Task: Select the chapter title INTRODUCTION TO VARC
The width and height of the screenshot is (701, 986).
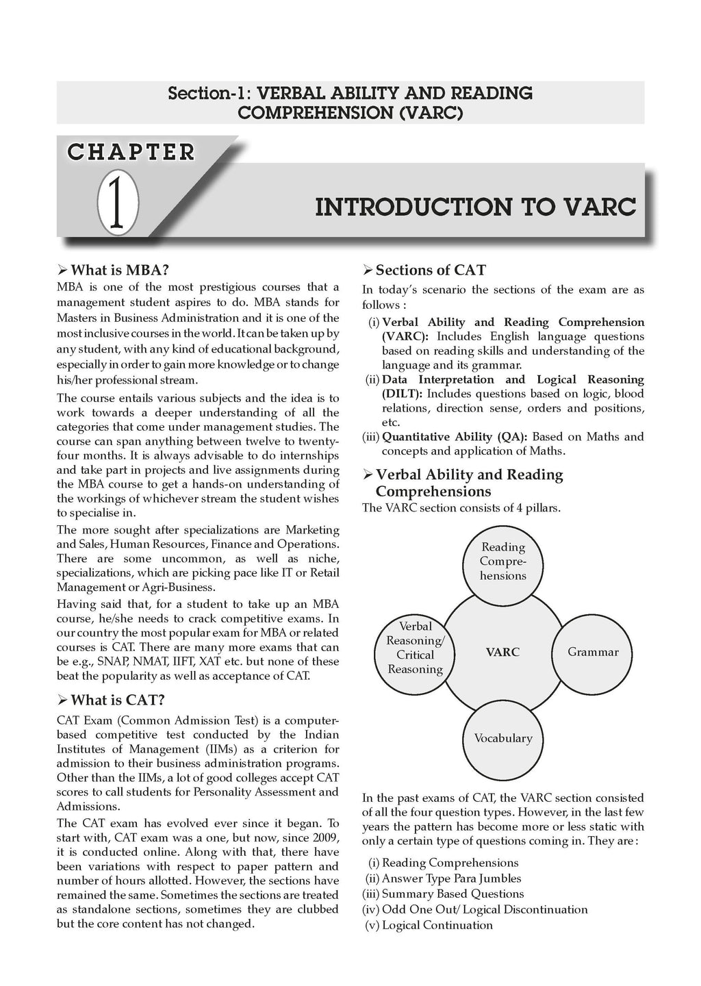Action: click(x=475, y=206)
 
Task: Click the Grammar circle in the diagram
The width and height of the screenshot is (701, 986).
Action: click(x=593, y=652)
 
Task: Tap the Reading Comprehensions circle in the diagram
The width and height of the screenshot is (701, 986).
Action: click(x=503, y=561)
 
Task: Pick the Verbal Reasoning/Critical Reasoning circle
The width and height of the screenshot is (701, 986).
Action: click(x=415, y=648)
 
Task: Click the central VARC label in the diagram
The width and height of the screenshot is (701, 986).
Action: click(x=502, y=652)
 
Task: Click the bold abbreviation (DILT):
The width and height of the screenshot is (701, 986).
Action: click(x=403, y=394)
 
